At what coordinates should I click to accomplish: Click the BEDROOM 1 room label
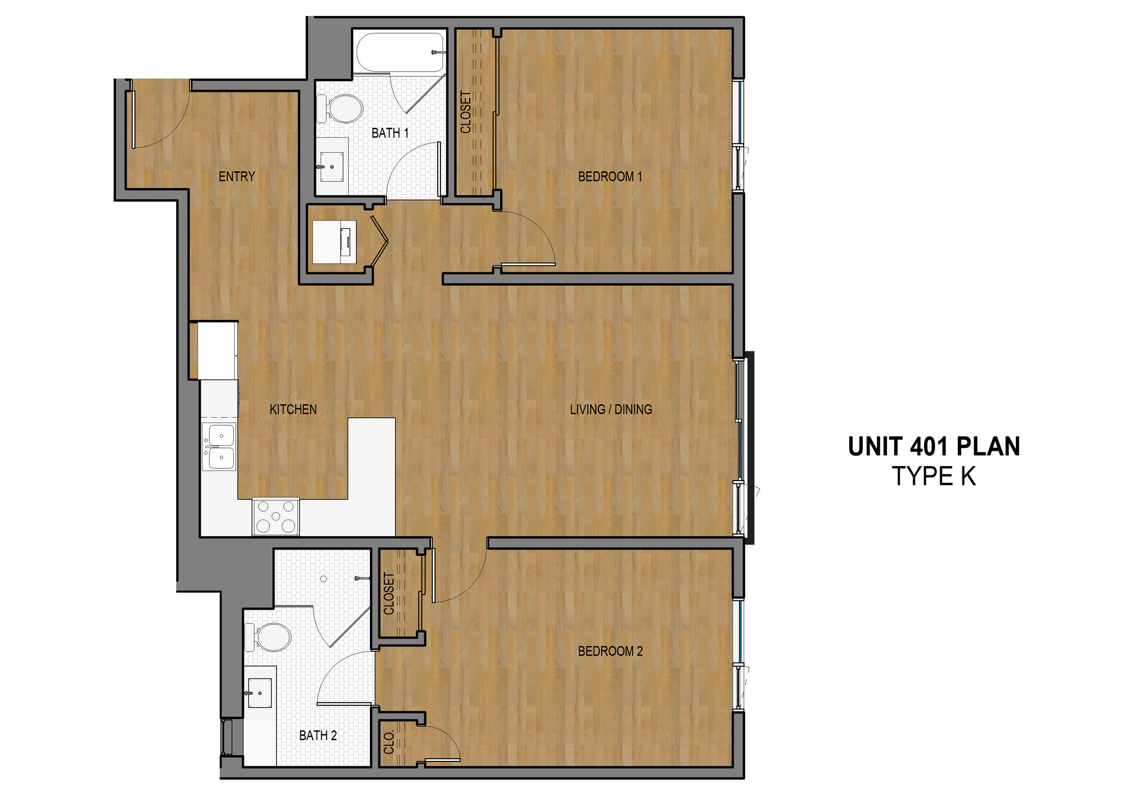click(x=610, y=176)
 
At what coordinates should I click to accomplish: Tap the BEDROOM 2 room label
click(x=610, y=651)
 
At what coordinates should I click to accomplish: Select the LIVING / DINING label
click(x=611, y=410)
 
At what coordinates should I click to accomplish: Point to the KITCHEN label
click(x=293, y=410)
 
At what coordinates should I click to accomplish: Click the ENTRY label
click(x=236, y=176)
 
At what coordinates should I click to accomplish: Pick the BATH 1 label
click(x=390, y=133)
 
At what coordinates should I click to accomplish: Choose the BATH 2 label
click(x=318, y=735)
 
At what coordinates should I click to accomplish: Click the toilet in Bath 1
click(x=342, y=109)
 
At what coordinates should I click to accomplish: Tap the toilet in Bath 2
click(x=270, y=638)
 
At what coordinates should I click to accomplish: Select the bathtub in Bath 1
click(x=400, y=52)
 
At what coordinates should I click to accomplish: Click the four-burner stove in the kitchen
click(x=275, y=516)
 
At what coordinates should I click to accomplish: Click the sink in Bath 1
click(x=332, y=166)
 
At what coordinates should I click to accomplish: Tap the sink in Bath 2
click(x=260, y=693)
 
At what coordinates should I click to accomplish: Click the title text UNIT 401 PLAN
click(x=934, y=446)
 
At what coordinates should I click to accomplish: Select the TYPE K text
click(x=934, y=476)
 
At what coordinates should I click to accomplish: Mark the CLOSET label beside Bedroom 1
click(x=465, y=112)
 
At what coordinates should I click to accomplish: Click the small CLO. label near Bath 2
click(x=389, y=742)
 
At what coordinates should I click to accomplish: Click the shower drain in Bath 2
click(x=323, y=579)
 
